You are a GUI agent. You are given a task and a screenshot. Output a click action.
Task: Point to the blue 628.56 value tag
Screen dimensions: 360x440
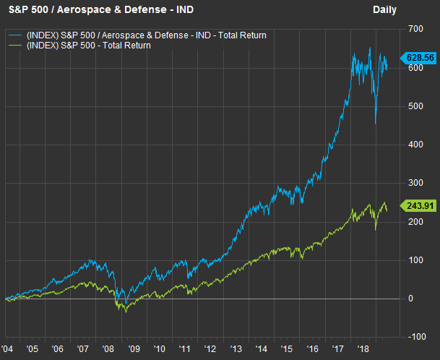tap(418, 57)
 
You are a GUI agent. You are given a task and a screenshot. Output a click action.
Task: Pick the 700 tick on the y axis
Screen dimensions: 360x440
tap(415, 28)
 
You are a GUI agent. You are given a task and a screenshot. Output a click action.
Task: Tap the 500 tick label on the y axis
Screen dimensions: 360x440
tap(415, 106)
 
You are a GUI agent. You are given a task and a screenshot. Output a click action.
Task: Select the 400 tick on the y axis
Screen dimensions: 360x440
tap(415, 144)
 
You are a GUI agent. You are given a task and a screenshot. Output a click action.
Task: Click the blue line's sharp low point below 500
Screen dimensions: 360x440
tap(376, 124)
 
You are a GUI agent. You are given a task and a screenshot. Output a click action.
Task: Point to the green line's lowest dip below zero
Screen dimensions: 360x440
tap(125, 312)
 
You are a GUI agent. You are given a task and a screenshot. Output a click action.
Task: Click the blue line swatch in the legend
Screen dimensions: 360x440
tap(15, 35)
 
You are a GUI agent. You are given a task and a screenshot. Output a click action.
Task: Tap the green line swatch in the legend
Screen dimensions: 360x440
tap(15, 45)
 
